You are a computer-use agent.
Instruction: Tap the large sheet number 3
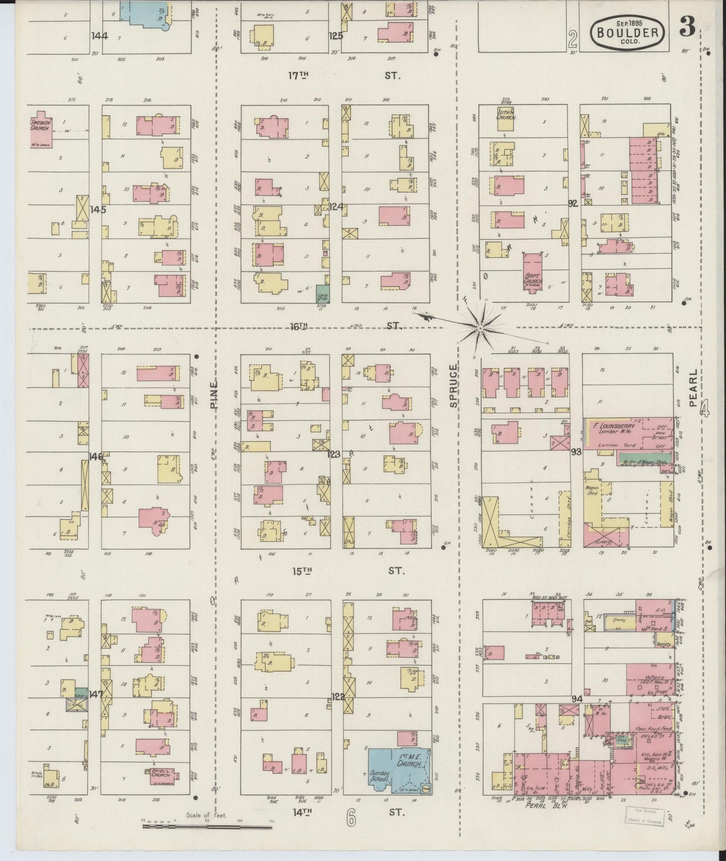pos(688,29)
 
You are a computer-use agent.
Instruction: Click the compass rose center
pos(480,328)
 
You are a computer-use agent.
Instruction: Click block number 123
pos(334,454)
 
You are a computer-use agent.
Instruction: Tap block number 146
pos(95,456)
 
